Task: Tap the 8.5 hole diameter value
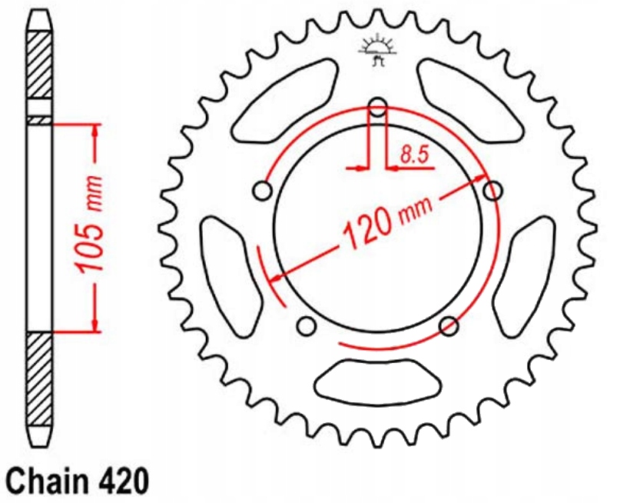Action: tap(413, 155)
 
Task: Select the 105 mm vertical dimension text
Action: tap(91, 230)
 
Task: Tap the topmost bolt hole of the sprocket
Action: tap(377, 106)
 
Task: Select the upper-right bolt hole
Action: tap(492, 189)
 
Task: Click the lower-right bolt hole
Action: tap(448, 326)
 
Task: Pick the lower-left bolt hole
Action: tap(307, 327)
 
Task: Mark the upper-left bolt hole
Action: tap(263, 190)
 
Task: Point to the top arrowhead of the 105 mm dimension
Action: tap(94, 132)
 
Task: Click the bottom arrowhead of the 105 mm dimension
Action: tap(94, 323)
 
